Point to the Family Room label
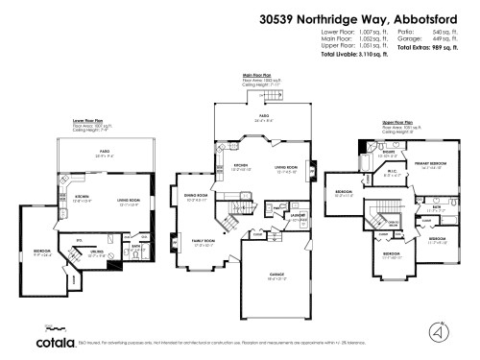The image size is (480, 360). [203, 241]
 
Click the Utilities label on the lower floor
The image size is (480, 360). [97, 254]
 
